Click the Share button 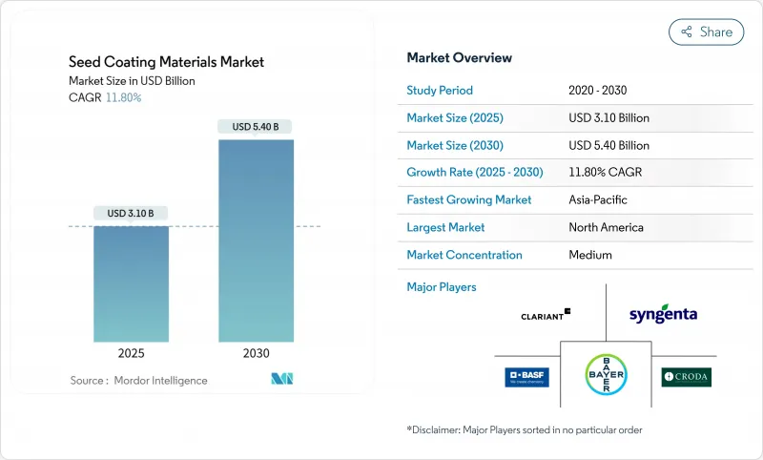point(707,31)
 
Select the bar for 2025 point(131,283)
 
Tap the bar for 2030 point(256,240)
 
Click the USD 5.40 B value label point(256,126)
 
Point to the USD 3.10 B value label point(131,212)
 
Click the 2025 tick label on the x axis point(131,353)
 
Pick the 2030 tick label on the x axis point(256,353)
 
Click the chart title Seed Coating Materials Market point(167,62)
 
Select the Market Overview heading point(460,57)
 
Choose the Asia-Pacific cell point(599,200)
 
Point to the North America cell point(606,227)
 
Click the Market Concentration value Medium point(589,255)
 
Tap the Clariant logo point(546,314)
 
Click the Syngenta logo point(663,314)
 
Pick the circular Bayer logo point(606,376)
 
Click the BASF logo point(526,377)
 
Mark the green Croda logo point(686,377)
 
